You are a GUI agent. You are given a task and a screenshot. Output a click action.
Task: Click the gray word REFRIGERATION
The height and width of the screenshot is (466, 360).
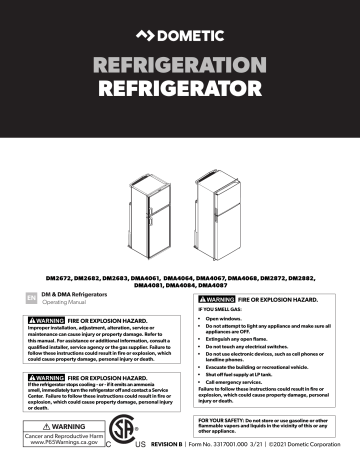click(180, 72)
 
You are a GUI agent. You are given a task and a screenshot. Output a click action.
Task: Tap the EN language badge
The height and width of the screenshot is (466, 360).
click(31, 297)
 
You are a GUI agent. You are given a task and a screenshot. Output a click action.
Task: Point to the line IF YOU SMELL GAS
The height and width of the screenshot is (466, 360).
click(227, 311)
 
